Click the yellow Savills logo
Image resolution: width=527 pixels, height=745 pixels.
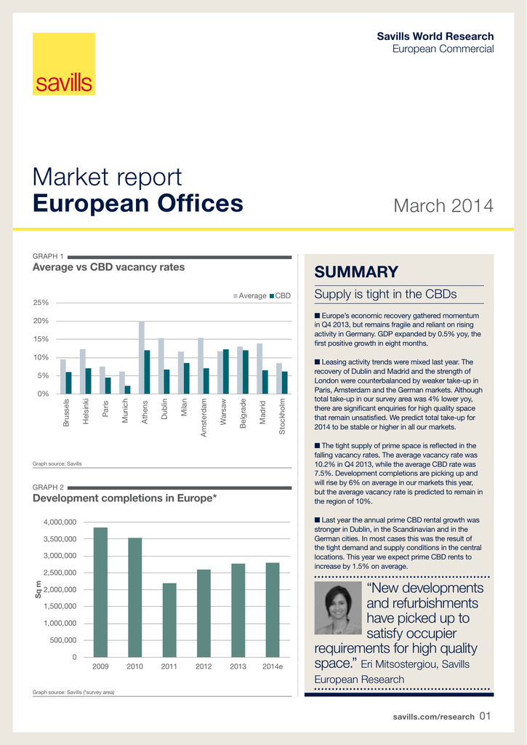(x=64, y=73)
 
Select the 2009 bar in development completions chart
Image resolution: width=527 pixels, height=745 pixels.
(x=100, y=592)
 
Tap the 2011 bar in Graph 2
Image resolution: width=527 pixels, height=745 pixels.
(x=169, y=620)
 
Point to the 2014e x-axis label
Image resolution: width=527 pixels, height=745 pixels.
(x=273, y=666)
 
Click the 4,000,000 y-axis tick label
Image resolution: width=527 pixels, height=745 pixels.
(x=59, y=522)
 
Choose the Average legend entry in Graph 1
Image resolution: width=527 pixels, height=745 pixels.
(x=249, y=296)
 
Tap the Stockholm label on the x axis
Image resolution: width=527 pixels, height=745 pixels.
(x=283, y=416)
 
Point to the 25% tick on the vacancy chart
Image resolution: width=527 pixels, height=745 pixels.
(x=41, y=303)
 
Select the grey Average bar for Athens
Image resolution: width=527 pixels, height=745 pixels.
(x=142, y=357)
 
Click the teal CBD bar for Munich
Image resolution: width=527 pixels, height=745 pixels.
(x=128, y=389)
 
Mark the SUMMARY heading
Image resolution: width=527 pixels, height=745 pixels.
(x=356, y=273)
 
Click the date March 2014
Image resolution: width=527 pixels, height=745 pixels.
(x=443, y=206)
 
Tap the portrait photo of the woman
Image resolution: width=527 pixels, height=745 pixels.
(x=338, y=607)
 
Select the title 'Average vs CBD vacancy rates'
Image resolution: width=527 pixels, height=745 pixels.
(x=109, y=267)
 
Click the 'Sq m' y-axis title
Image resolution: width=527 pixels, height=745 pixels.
(x=39, y=590)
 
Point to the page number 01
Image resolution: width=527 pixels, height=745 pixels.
(x=486, y=717)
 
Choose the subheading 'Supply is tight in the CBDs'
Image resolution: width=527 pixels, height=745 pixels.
(x=385, y=295)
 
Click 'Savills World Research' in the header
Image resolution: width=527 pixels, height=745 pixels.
(x=435, y=36)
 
